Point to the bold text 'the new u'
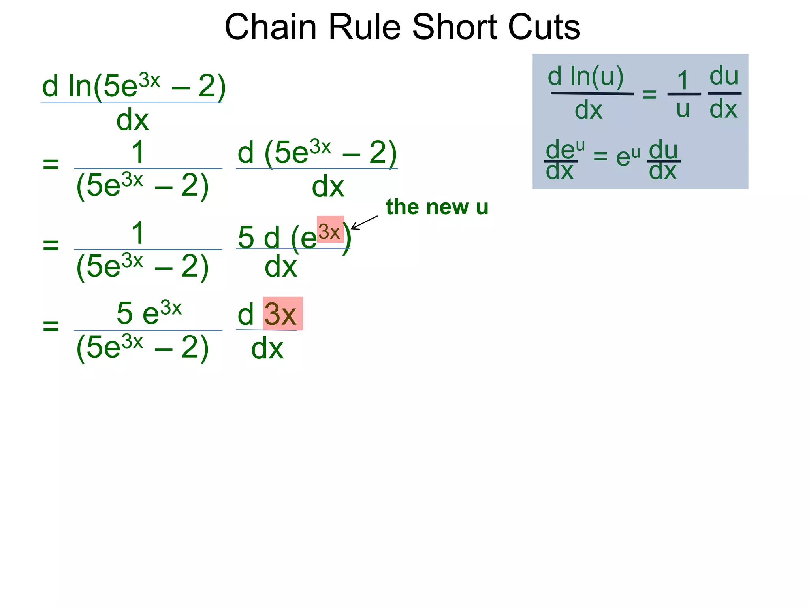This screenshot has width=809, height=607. [x=437, y=207]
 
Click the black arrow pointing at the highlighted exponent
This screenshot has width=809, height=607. [x=364, y=222]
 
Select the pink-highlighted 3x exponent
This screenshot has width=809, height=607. [x=330, y=230]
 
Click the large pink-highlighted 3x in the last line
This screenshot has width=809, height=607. [x=281, y=314]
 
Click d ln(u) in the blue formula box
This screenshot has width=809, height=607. [x=585, y=76]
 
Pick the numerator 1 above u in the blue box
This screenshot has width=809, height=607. [x=683, y=80]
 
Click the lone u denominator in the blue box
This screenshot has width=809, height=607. [x=683, y=109]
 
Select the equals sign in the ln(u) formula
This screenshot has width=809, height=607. [x=649, y=94]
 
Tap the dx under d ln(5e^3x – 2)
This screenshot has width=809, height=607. [x=132, y=120]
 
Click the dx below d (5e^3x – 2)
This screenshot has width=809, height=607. [x=328, y=187]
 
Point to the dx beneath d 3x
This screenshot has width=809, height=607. [x=267, y=349]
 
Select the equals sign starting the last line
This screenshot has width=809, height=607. [x=51, y=326]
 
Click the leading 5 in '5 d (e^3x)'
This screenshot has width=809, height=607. [x=246, y=237]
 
